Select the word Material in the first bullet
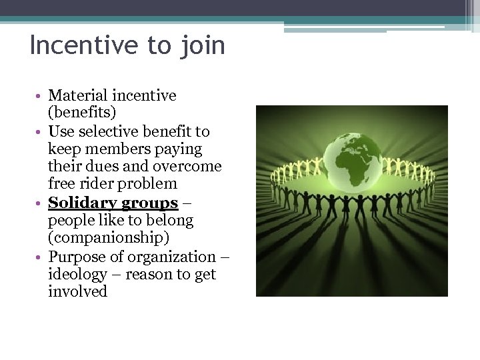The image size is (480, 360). (79, 96)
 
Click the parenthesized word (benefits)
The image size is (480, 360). (83, 113)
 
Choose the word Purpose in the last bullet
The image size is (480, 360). (77, 257)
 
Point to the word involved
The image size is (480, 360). (77, 292)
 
